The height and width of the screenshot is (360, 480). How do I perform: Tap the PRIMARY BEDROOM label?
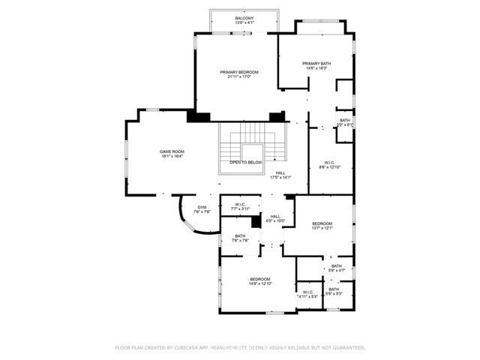[239, 72]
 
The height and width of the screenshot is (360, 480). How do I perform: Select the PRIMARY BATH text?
[316, 63]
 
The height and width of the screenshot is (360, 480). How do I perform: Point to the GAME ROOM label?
[172, 151]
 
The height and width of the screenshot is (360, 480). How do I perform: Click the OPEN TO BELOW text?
[246, 162]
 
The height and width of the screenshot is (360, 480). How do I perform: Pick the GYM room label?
[202, 207]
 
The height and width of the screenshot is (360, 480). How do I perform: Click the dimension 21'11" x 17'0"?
[239, 77]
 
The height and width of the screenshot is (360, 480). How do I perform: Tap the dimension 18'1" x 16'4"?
[172, 157]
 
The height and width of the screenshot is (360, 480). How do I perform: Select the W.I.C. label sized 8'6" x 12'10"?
[329, 162]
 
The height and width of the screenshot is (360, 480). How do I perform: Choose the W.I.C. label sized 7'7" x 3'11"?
[240, 205]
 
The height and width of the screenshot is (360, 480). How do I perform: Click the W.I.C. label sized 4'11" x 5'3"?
[308, 292]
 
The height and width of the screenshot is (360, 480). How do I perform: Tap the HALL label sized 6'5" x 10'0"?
[275, 217]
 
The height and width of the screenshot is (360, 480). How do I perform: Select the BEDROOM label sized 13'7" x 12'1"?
[322, 223]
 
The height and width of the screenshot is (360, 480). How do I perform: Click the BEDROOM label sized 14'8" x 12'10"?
[260, 279]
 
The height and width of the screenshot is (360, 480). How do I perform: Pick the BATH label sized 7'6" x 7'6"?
[239, 236]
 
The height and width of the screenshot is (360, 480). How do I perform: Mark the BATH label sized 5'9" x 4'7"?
[337, 265]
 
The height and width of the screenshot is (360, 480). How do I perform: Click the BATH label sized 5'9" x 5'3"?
[333, 289]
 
